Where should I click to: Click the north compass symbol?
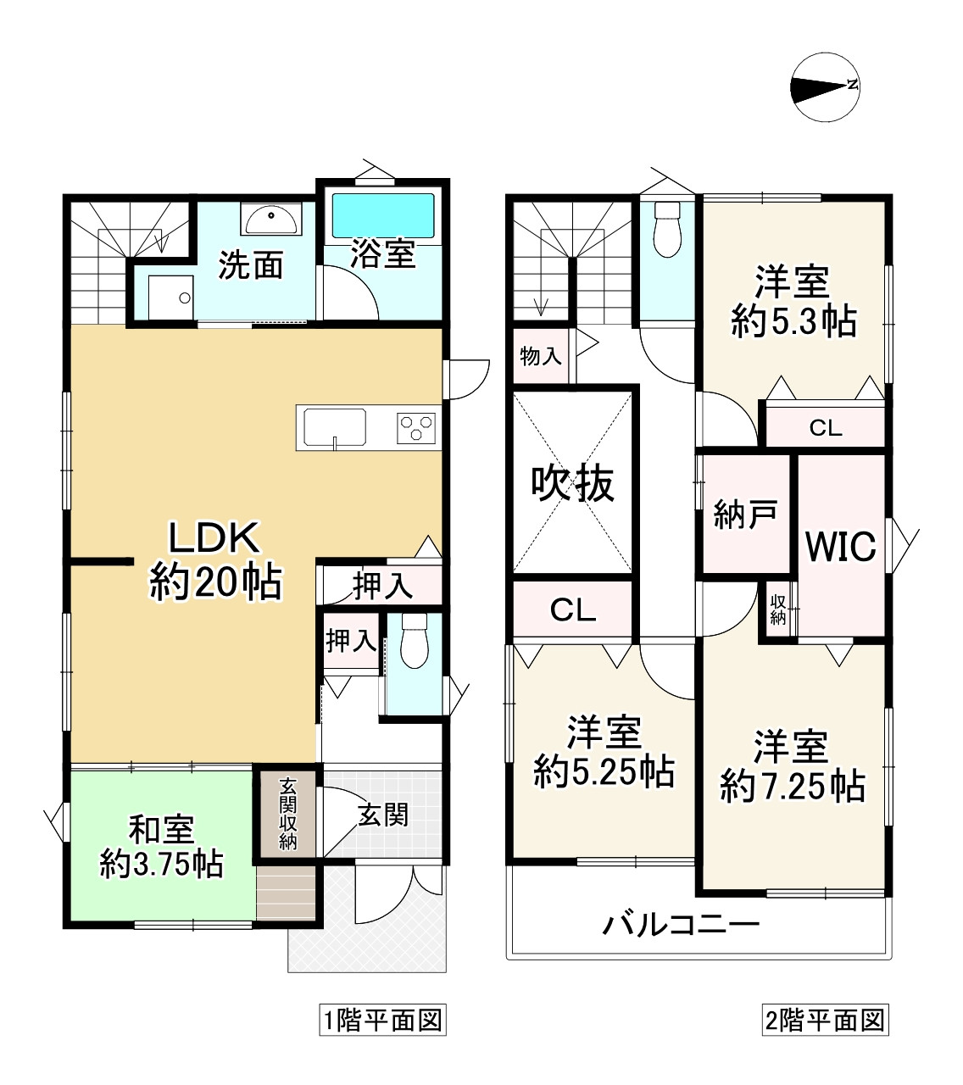click(x=825, y=86)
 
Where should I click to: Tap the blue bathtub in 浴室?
click(x=383, y=215)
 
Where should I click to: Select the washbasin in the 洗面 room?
click(x=271, y=219)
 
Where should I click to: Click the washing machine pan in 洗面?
click(x=171, y=298)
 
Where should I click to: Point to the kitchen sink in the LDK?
click(x=335, y=427)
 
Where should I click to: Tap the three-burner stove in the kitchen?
click(x=415, y=428)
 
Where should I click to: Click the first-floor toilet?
click(x=414, y=641)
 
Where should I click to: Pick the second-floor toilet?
click(x=667, y=229)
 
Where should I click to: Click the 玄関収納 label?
click(x=287, y=814)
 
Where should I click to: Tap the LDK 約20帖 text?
click(x=215, y=560)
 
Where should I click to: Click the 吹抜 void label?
click(x=572, y=485)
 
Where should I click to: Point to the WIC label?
click(x=841, y=546)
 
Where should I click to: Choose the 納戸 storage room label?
click(x=745, y=515)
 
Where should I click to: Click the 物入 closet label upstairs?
click(x=541, y=356)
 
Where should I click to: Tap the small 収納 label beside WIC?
click(x=777, y=609)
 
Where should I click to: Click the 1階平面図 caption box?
click(x=382, y=1021)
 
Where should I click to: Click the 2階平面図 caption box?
click(x=826, y=1021)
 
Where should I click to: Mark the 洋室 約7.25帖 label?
click(x=792, y=766)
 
